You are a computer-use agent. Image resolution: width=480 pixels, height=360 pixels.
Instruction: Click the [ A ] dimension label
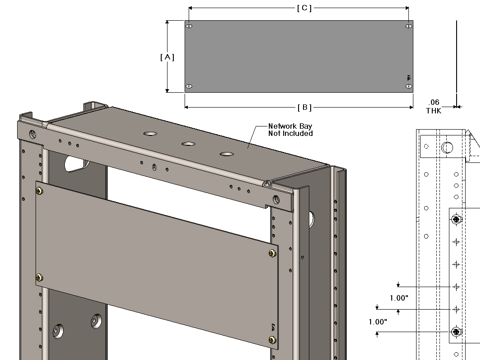click(167, 57)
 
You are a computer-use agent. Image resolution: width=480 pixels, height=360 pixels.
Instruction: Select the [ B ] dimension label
click(304, 107)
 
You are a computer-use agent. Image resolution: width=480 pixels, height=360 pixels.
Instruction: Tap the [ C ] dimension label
click(304, 8)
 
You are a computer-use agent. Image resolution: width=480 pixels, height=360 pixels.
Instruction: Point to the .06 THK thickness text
click(434, 106)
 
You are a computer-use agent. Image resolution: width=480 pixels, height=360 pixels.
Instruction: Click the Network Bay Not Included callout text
click(290, 130)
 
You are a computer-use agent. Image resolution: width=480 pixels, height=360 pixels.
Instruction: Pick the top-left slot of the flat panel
click(189, 27)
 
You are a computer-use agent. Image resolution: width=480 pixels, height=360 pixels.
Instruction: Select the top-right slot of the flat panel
click(408, 26)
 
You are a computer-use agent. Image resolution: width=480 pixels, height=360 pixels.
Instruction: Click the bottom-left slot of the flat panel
click(189, 86)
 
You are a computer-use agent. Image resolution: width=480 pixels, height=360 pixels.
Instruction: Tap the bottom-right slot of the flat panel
click(408, 85)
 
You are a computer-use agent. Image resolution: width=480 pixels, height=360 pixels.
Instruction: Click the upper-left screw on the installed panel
click(40, 191)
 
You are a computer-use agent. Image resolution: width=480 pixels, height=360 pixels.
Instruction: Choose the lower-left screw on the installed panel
click(39, 277)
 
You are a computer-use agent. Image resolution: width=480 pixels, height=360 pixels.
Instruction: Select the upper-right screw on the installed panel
click(272, 253)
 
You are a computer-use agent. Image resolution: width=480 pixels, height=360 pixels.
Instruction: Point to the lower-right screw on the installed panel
click(272, 341)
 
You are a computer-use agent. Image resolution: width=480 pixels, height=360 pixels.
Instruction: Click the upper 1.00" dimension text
click(399, 298)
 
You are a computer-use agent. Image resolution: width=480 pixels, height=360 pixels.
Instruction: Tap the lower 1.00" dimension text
click(378, 322)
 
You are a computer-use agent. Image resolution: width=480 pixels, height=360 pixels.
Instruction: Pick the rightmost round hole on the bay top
click(227, 154)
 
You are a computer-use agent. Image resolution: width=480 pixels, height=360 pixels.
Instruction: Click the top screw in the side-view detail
click(457, 220)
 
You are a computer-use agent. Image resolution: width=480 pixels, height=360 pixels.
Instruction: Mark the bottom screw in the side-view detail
click(457, 332)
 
